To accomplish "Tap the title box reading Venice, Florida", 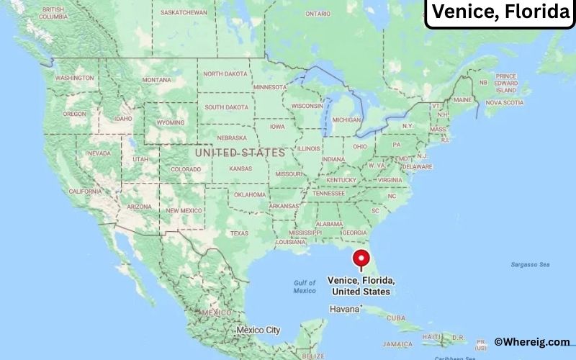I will [500, 12].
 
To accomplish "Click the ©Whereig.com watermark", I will [531, 342].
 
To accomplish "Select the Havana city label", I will [343, 309].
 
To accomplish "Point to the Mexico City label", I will [258, 330].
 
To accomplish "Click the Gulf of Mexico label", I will [305, 287].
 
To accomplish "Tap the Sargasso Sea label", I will [530, 265].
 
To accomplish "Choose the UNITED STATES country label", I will [240, 153].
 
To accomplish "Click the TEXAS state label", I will [238, 233].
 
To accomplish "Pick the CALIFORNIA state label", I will [85, 192].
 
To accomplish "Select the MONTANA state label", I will [156, 80].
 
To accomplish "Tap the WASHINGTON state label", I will [74, 78].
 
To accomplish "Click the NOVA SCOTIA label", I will [504, 102].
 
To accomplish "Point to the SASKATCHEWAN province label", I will [184, 12].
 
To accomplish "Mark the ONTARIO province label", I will [318, 14].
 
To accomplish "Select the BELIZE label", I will [313, 355].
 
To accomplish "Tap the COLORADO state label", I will [185, 169].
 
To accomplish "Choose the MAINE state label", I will [463, 99].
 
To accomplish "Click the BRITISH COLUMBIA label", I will [53, 12].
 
